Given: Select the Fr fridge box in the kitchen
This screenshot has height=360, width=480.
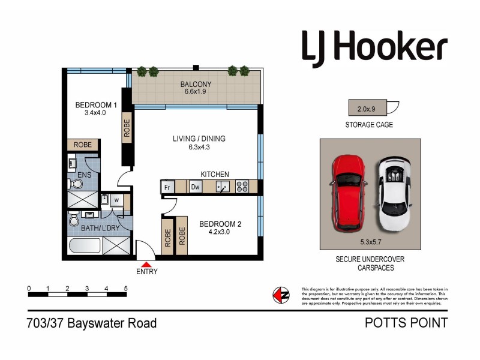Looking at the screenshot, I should coord(167,187).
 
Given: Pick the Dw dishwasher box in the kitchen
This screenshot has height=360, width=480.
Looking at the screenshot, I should coord(195,187).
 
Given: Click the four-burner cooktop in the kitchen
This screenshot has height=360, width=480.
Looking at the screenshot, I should coord(242,187).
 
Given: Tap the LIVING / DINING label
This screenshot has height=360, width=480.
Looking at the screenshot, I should coord(199,139).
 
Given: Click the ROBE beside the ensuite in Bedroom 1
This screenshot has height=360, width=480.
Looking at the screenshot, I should coord(83,145).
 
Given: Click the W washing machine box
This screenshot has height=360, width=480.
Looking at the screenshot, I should coord(117,200).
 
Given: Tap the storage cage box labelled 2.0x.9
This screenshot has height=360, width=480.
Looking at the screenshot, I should coord(367,109).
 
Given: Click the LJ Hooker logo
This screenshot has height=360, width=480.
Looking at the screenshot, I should coord(374,47).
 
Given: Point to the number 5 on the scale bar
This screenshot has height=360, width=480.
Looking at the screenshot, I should coord(125,289).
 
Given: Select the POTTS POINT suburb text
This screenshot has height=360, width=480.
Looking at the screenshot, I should coord(406,323).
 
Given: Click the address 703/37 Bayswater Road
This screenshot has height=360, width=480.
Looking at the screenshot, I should coord(92,323).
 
